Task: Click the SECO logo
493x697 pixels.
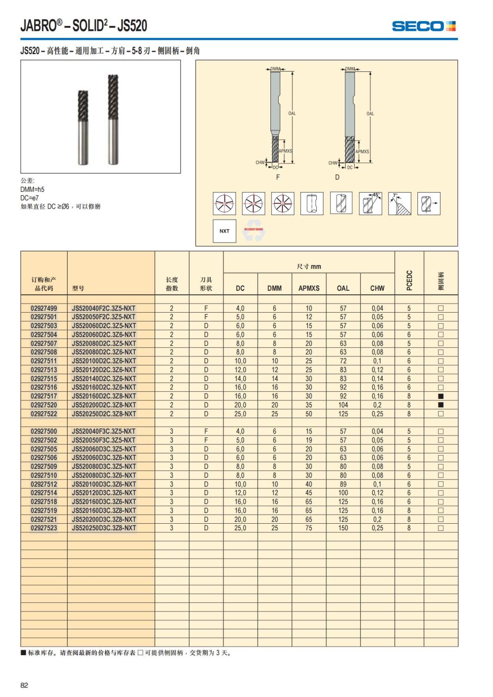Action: tap(424, 26)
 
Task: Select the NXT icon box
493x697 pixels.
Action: tap(224, 231)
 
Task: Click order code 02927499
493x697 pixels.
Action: tap(44, 308)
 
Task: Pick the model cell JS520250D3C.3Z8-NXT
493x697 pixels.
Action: tap(104, 528)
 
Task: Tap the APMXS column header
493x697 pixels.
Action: tap(309, 288)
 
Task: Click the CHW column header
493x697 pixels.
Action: tap(377, 288)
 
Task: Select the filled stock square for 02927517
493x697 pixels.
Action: tap(441, 396)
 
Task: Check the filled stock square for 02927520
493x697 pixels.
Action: tap(441, 405)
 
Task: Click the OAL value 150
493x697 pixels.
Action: tap(343, 528)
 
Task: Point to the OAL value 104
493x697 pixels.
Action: tap(343, 405)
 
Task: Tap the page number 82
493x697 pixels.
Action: tap(24, 685)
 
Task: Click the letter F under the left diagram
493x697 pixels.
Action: tap(278, 177)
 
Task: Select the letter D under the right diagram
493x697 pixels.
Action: tap(337, 177)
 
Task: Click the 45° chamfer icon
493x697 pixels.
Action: tap(371, 203)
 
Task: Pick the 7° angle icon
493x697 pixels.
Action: tap(399, 203)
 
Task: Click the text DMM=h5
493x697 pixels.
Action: tap(32, 189)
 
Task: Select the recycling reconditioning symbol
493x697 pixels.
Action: tap(253, 232)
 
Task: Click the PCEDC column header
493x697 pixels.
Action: tap(409, 280)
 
